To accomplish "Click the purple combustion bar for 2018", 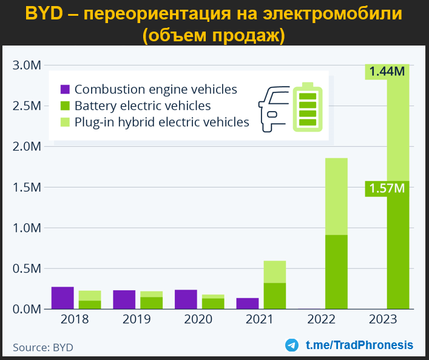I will [x=62, y=298].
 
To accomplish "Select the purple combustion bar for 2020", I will [x=186, y=299].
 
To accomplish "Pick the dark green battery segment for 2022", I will [x=336, y=272].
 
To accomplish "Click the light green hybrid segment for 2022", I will [x=336, y=196].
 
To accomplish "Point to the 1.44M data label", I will [x=387, y=72].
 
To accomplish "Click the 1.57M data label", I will [x=387, y=189].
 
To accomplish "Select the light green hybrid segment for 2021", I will [x=275, y=271].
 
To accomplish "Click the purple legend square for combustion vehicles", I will [x=65, y=90].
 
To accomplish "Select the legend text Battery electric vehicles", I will [x=143, y=106].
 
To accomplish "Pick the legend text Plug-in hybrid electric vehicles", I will [x=162, y=122].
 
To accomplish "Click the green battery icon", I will [x=308, y=106].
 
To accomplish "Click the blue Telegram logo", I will [x=292, y=345].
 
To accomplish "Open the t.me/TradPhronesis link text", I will [x=359, y=345].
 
